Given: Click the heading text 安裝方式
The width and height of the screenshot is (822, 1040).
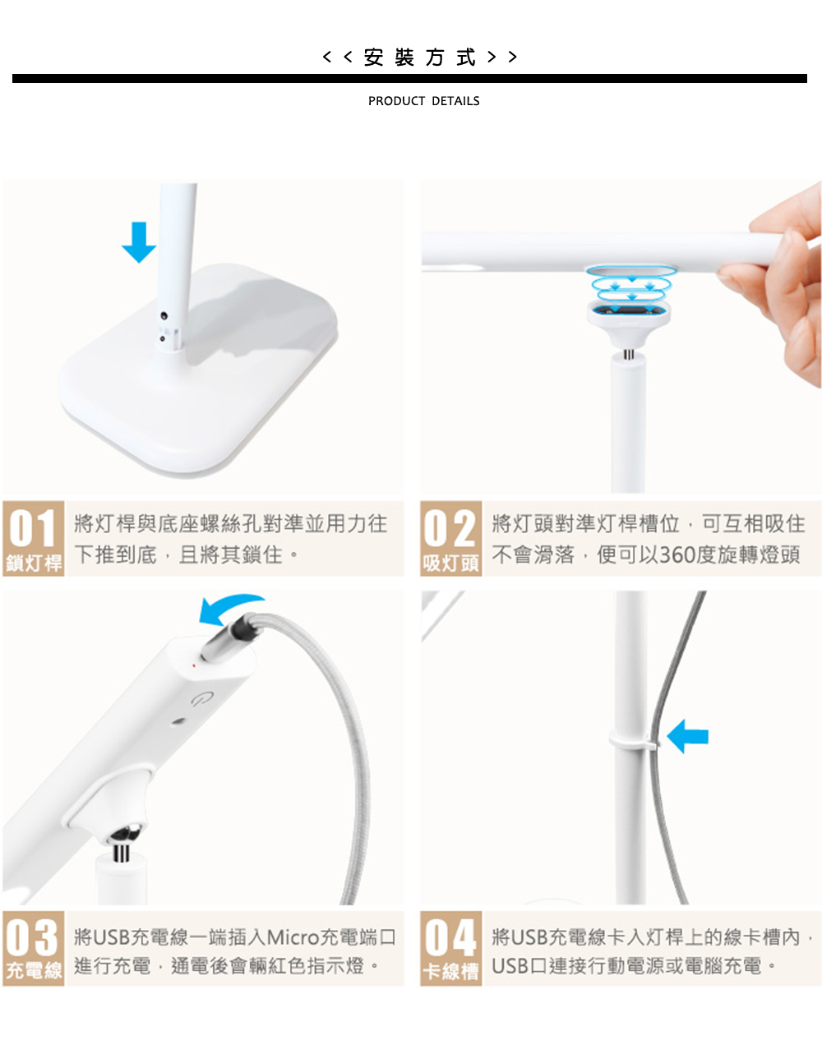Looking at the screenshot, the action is tap(419, 58).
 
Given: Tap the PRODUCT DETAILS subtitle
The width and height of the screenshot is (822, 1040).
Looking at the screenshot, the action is tap(423, 101).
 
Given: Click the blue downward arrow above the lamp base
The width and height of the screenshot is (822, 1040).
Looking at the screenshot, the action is tap(139, 242).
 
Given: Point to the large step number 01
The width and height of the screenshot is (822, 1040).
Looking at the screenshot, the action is tap(33, 527).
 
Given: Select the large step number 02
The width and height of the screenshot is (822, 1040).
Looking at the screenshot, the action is tap(450, 527).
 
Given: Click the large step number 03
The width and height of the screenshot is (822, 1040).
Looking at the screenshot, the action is tap(33, 938).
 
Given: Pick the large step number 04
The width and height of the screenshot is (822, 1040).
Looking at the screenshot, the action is tap(450, 938).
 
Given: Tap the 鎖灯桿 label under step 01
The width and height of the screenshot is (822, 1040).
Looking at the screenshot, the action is tap(34, 563).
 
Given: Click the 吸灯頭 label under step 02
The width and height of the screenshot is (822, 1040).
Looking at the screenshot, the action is tap(450, 563).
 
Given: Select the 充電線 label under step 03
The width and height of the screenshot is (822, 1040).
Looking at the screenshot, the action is tap(34, 970).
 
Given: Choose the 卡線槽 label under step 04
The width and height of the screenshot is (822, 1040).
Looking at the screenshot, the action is tap(450, 970).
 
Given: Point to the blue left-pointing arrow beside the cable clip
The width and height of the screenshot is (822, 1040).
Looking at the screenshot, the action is tap(687, 736).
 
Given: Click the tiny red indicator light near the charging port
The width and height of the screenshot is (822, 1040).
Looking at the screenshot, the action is tap(194, 665).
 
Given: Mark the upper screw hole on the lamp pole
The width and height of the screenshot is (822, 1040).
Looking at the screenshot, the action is tap(164, 315).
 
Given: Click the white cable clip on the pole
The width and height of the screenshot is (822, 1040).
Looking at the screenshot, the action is tap(634, 741).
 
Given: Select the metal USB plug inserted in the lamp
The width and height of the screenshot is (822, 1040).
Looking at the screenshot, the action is tap(227, 638).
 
